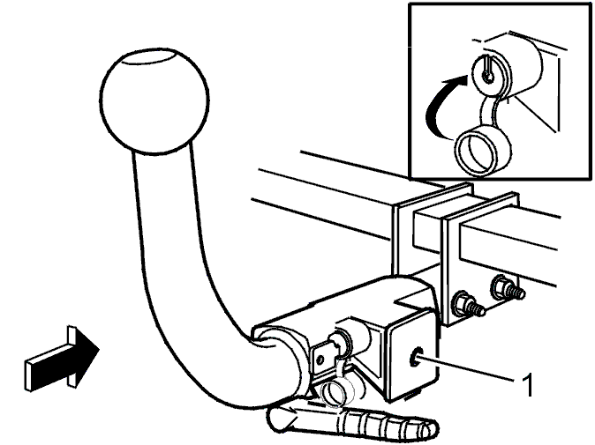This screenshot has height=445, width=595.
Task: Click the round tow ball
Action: click(x=154, y=101)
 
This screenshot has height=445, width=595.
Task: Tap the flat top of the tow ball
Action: click(x=149, y=57)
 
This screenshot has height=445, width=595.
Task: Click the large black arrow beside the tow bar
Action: click(x=61, y=358)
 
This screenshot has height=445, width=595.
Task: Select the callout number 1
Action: click(x=527, y=385)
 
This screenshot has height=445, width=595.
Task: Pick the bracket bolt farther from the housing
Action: click(x=507, y=288)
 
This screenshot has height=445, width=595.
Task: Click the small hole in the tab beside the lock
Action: click(x=320, y=359)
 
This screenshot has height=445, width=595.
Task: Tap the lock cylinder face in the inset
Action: click(x=490, y=75)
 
